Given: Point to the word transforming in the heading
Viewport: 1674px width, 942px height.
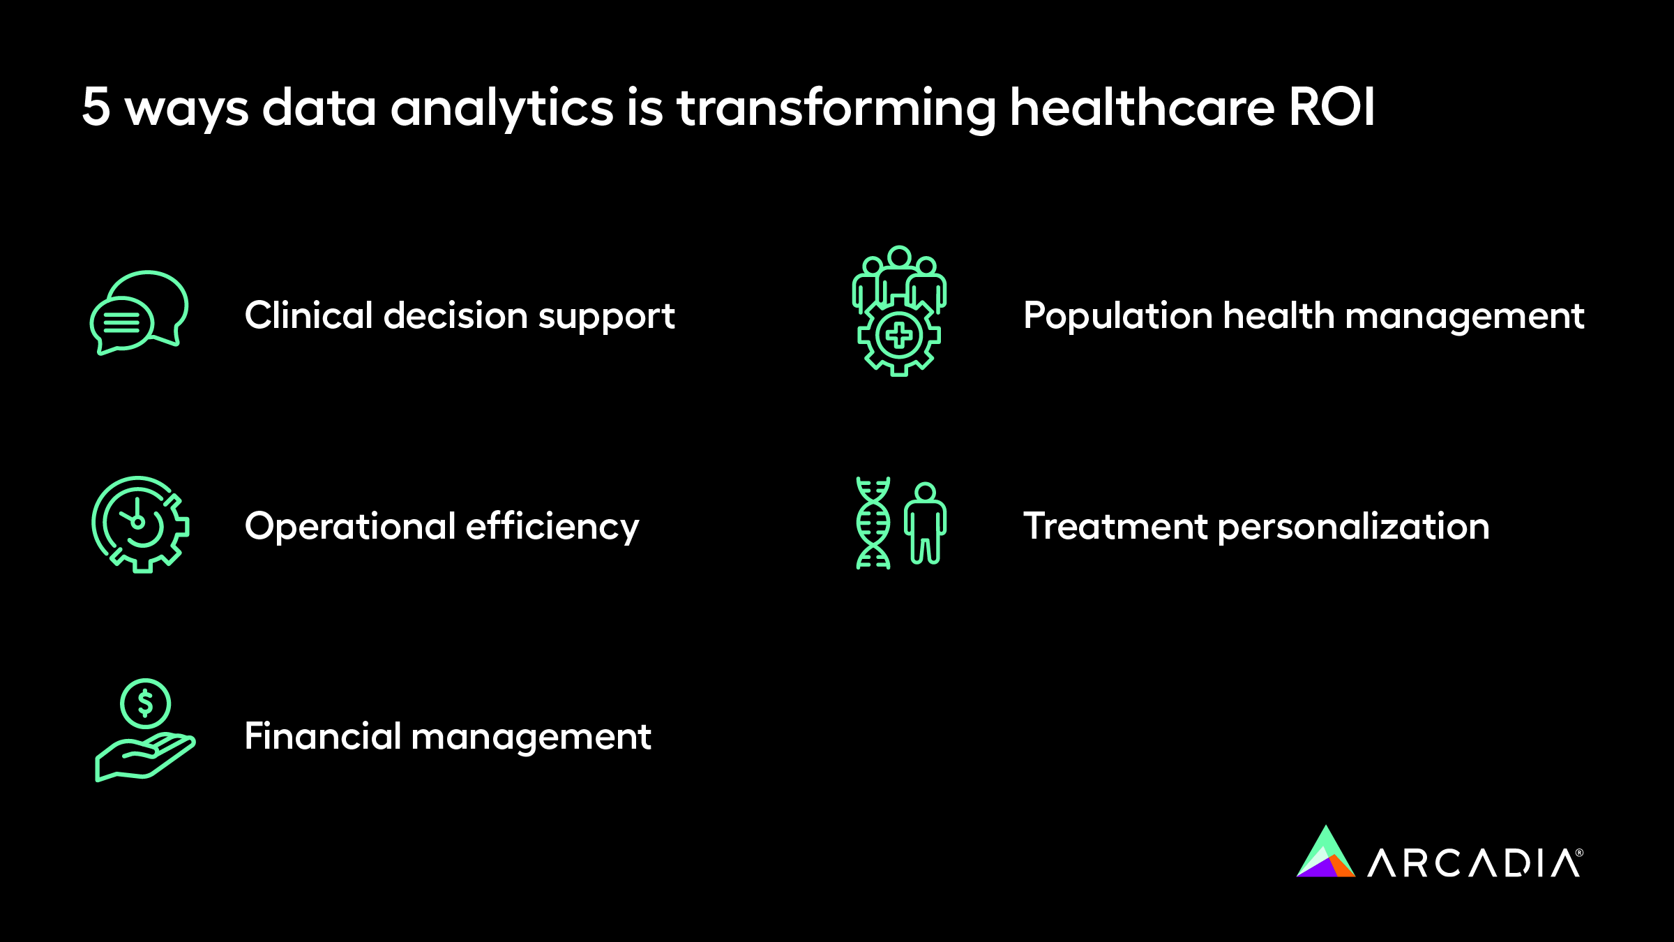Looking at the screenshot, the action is click(x=836, y=109).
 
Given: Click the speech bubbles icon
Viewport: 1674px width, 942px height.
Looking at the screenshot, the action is click(x=139, y=313).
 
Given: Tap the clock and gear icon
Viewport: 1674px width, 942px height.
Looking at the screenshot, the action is click(x=140, y=525).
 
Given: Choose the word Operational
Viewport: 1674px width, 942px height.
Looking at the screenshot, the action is click(x=349, y=527).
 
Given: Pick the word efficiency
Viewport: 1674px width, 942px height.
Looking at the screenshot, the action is click(x=552, y=527).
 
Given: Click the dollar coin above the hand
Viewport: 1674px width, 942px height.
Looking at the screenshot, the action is click(x=145, y=703).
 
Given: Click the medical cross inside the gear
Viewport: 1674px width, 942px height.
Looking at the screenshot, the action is click(x=899, y=336).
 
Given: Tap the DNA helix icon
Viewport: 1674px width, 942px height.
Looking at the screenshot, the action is click(x=873, y=523).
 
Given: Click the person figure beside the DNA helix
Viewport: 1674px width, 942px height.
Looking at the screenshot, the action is click(x=926, y=523).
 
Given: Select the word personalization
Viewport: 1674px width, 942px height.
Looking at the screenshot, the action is click(x=1353, y=528).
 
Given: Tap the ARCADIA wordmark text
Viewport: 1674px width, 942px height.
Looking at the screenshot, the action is click(x=1475, y=863).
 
